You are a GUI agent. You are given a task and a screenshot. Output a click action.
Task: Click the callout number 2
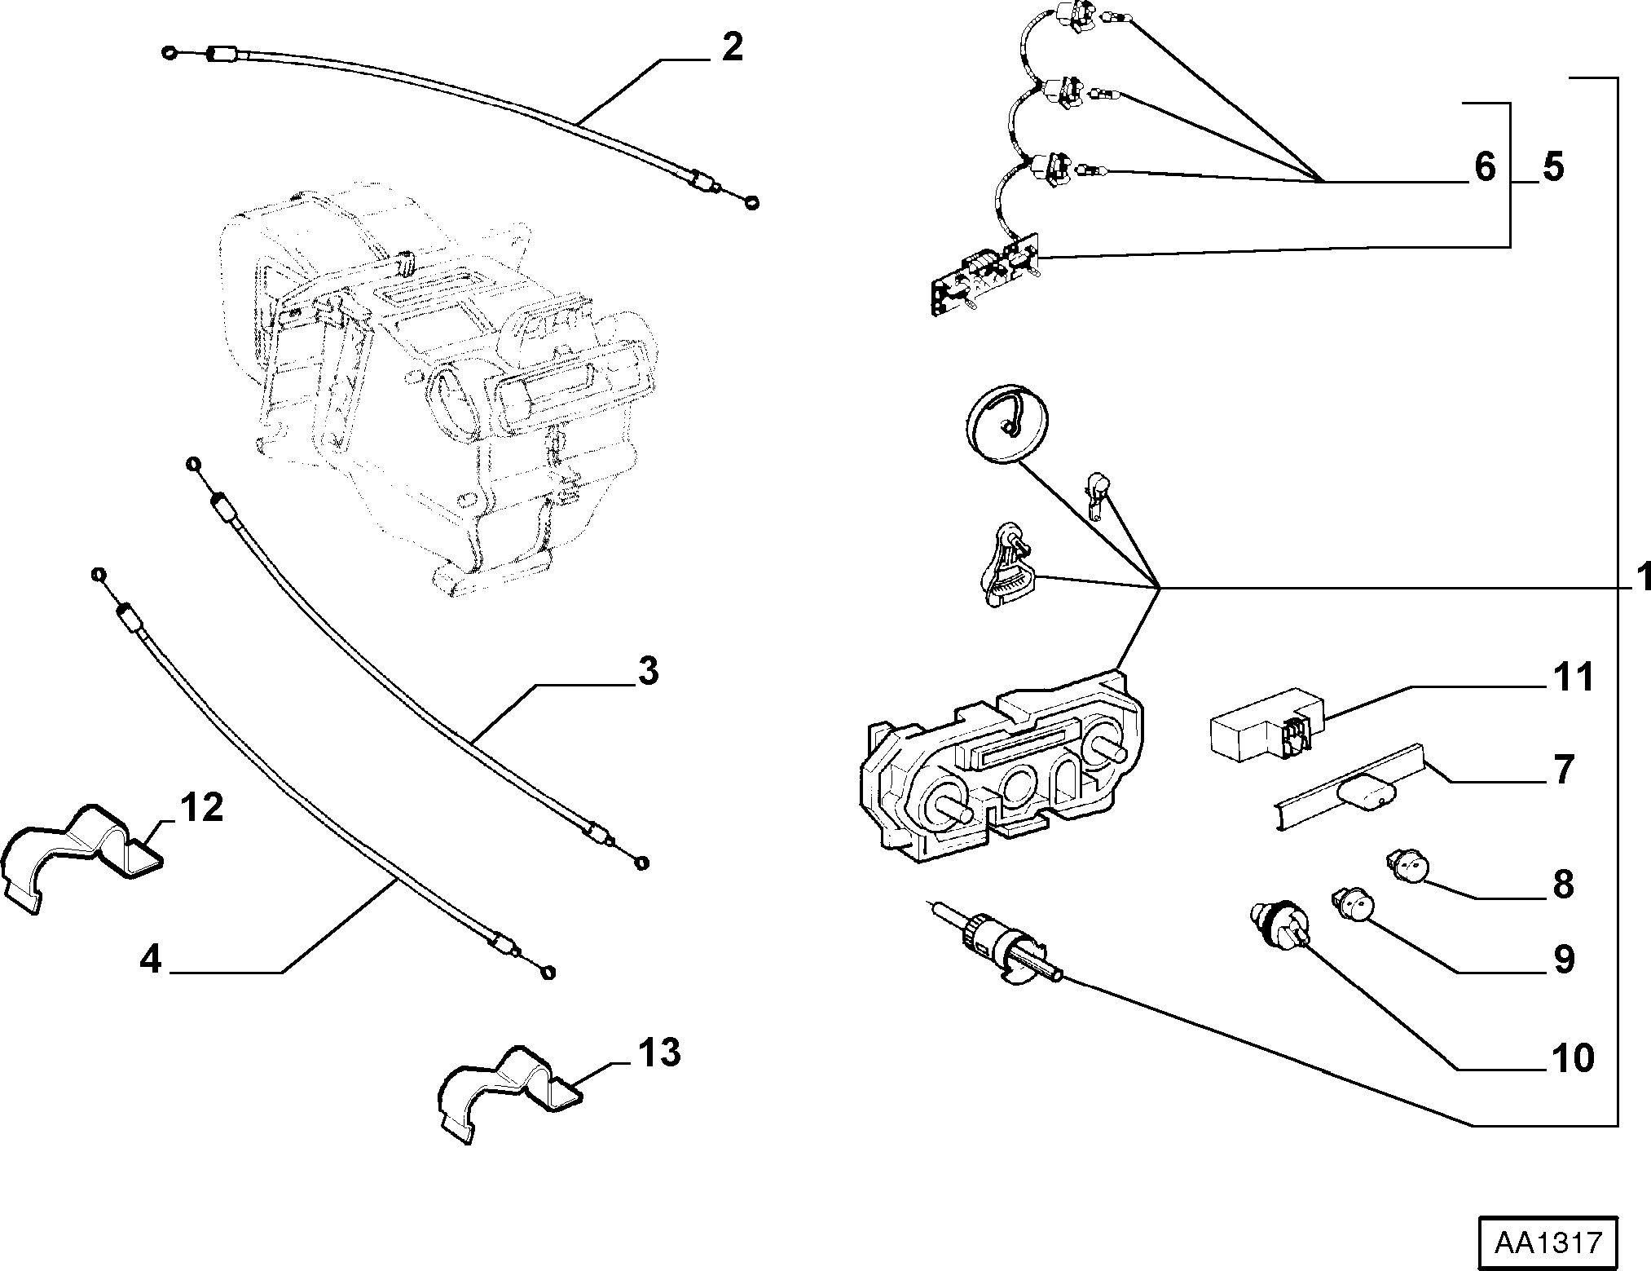point(732,48)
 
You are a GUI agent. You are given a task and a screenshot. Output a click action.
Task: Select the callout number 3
point(647,673)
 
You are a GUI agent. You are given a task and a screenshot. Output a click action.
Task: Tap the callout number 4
point(151,960)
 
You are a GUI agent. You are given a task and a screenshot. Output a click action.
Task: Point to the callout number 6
point(1486,167)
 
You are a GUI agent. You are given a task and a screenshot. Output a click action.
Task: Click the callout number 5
point(1553,167)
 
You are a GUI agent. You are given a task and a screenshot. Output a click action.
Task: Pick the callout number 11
point(1573,677)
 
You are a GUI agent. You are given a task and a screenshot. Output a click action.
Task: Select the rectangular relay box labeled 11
point(1266,724)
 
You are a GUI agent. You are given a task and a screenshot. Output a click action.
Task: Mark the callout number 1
point(1640,577)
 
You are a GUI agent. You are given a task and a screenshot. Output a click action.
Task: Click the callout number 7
point(1562,770)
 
